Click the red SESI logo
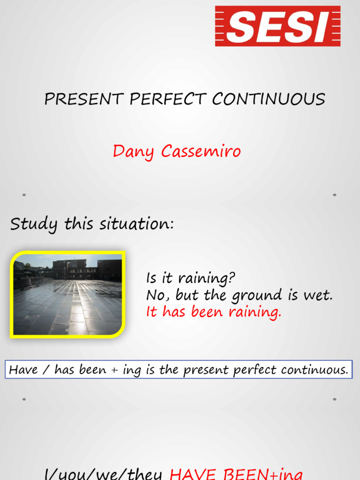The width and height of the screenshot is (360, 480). pyautogui.click(x=277, y=26)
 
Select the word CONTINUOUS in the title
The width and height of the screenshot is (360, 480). pyautogui.click(x=268, y=99)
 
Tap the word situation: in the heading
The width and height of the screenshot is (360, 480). pyautogui.click(x=136, y=224)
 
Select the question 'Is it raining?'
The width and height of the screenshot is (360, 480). pyautogui.click(x=190, y=278)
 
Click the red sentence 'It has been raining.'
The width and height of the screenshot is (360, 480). pyautogui.click(x=214, y=312)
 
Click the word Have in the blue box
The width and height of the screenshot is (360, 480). pyautogui.click(x=24, y=370)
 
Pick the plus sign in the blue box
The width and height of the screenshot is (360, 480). pyautogui.click(x=115, y=370)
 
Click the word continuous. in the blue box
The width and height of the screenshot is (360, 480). pyautogui.click(x=315, y=370)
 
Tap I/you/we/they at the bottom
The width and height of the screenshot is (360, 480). pyautogui.click(x=103, y=473)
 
